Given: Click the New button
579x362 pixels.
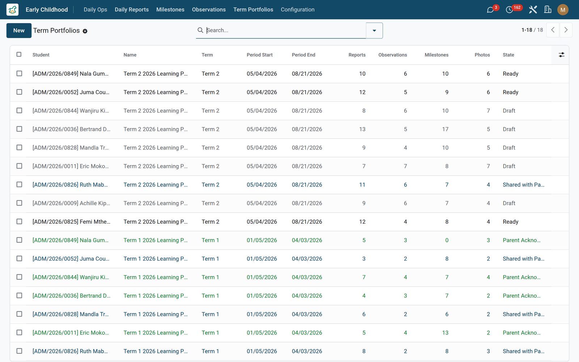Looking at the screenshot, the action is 19,30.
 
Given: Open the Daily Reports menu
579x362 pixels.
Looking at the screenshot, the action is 132,9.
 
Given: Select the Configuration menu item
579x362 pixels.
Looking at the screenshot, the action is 297,9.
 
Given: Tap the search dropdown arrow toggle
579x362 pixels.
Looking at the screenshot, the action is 374,30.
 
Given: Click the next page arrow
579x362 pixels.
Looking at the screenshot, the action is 566,30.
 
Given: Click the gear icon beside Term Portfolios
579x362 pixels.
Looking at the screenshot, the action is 85,31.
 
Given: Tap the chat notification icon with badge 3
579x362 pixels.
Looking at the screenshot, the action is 490,10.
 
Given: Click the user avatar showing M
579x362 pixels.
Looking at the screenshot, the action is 563,10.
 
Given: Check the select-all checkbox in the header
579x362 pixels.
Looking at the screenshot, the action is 19,54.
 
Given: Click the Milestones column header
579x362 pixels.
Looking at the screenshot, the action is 436,55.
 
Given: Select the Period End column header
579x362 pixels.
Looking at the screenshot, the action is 304,55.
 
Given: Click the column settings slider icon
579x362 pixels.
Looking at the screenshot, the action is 561,55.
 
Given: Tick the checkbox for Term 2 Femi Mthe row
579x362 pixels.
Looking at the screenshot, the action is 19,222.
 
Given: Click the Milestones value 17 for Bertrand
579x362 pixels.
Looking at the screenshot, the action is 445,129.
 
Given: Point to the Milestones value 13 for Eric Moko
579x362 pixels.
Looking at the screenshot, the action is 445,333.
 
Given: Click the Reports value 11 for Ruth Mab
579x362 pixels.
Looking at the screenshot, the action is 362,185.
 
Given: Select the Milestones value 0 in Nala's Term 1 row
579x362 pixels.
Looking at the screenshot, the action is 447,240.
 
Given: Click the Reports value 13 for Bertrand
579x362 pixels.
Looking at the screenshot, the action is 362,129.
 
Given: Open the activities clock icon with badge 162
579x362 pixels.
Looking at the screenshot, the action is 509,10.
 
